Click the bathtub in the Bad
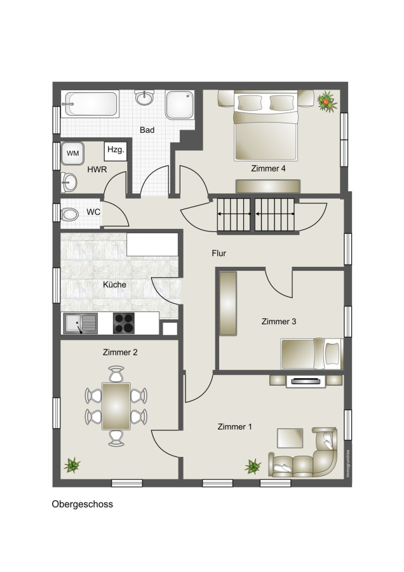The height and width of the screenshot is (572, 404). point(90,104)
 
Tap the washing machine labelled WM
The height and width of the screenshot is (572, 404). point(72,153)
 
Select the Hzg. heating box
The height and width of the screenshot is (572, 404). point(116,151)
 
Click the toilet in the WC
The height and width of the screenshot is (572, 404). point(69,214)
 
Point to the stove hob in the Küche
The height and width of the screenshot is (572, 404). point(124,323)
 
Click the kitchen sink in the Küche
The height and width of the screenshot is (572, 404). point(80,323)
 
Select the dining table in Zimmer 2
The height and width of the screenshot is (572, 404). point(116,406)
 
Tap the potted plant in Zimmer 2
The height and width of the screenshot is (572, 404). point(72,465)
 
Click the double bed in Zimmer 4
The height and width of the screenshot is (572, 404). point(266,126)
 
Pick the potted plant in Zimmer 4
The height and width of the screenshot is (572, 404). point(327,101)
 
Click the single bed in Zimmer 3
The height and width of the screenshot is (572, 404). point(312,353)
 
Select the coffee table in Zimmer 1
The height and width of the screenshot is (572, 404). point(290,438)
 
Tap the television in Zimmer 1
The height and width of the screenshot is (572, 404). point(306,381)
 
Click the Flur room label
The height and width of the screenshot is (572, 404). point(219,253)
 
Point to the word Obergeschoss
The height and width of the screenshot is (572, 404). point(83,504)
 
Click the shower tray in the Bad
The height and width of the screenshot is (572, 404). point(180,105)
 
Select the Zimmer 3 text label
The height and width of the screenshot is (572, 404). point(279,322)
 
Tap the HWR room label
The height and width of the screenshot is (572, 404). point(97,170)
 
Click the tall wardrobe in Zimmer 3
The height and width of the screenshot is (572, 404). point(228,303)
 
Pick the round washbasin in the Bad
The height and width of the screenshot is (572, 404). point(144,97)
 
